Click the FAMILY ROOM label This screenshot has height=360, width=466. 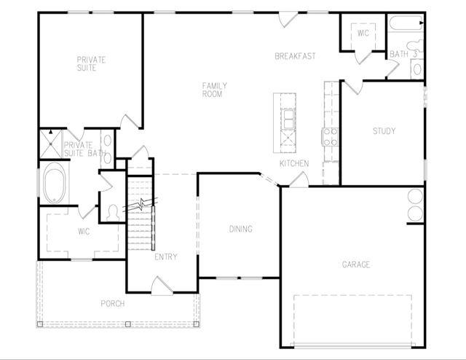point(215,90)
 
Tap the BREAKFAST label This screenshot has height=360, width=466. point(295,56)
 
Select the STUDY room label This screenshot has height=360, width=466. point(384,131)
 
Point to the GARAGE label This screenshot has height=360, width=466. point(356,265)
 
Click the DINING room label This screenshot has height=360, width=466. point(241,229)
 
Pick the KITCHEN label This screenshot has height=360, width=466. point(294,163)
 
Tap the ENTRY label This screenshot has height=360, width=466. point(166,257)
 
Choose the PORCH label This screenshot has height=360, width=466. point(113,304)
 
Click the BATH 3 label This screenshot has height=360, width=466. point(404,54)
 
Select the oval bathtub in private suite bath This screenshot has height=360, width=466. point(55,182)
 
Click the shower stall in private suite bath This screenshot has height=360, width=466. point(51,144)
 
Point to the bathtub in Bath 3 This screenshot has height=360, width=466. point(406,23)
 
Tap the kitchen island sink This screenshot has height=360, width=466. point(288,119)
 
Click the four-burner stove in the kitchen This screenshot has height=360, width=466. point(330,136)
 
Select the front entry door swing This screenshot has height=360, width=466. point(162,286)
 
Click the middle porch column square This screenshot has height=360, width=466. point(128,324)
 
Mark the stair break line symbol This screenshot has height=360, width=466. point(140,205)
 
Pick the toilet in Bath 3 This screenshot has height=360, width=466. point(415,45)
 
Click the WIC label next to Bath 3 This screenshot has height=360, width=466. point(363,33)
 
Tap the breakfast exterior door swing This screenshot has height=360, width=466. point(288,20)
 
